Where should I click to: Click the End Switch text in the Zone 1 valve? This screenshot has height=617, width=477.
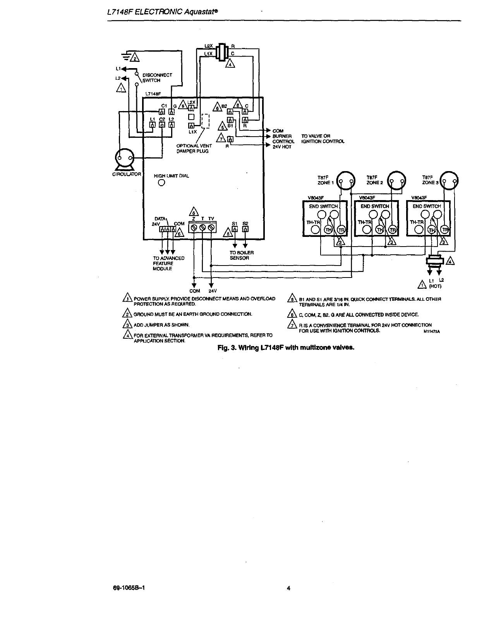pyautogui.click(x=323, y=206)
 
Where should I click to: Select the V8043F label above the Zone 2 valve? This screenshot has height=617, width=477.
pyautogui.click(x=366, y=197)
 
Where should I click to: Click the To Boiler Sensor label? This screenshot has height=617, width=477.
pyautogui.click(x=242, y=255)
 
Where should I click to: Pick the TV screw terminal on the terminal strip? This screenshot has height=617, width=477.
pyautogui.click(x=211, y=228)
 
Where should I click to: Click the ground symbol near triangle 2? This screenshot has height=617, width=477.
pyautogui.click(x=126, y=57)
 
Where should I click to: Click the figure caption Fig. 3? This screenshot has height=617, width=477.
pyautogui.click(x=286, y=347)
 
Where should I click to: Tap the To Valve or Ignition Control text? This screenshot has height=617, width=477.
pyautogui.click(x=323, y=139)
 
